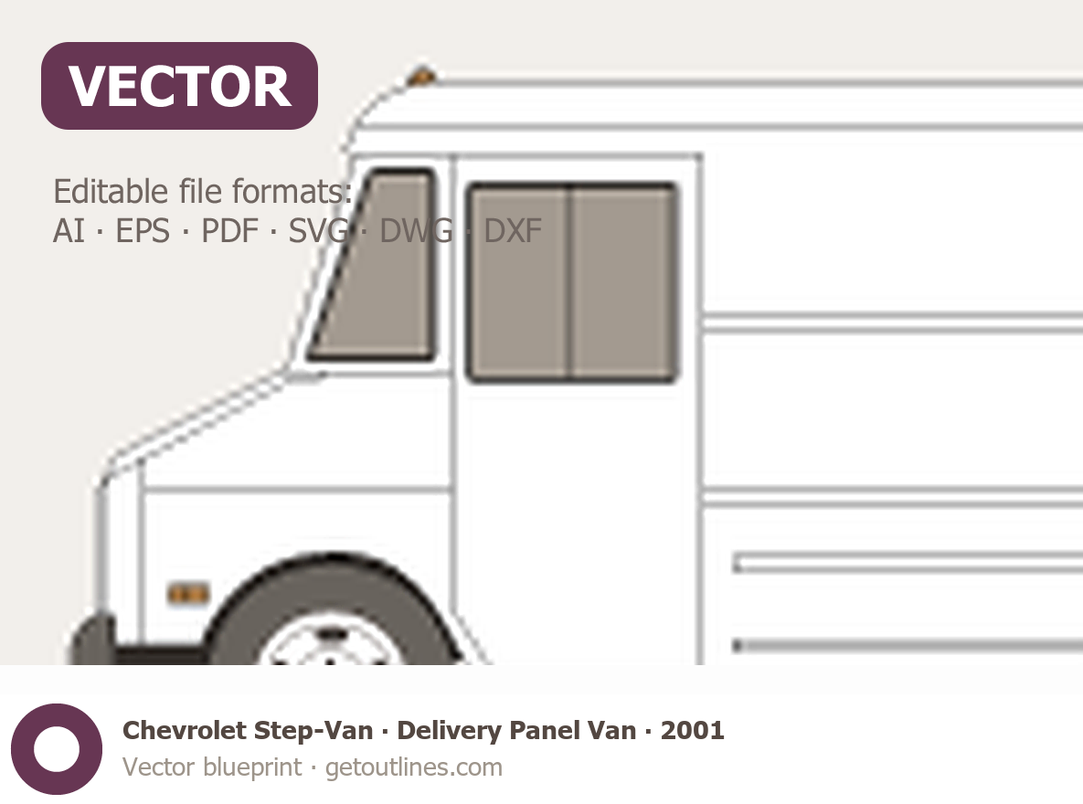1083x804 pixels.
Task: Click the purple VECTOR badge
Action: (179, 86)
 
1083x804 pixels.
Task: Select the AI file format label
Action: (69, 231)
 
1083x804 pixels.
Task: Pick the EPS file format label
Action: (143, 231)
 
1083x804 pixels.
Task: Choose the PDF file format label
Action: (229, 231)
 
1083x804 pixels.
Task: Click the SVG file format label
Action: (318, 231)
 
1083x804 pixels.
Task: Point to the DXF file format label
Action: (513, 231)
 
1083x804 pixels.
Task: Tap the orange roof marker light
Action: (421, 77)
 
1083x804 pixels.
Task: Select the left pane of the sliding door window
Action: (519, 282)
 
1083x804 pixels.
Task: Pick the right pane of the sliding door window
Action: (623, 282)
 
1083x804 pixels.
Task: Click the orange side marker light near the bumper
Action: (188, 594)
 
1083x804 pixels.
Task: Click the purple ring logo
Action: (57, 749)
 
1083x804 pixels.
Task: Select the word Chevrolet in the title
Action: (185, 731)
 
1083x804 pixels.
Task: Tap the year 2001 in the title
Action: (692, 731)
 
